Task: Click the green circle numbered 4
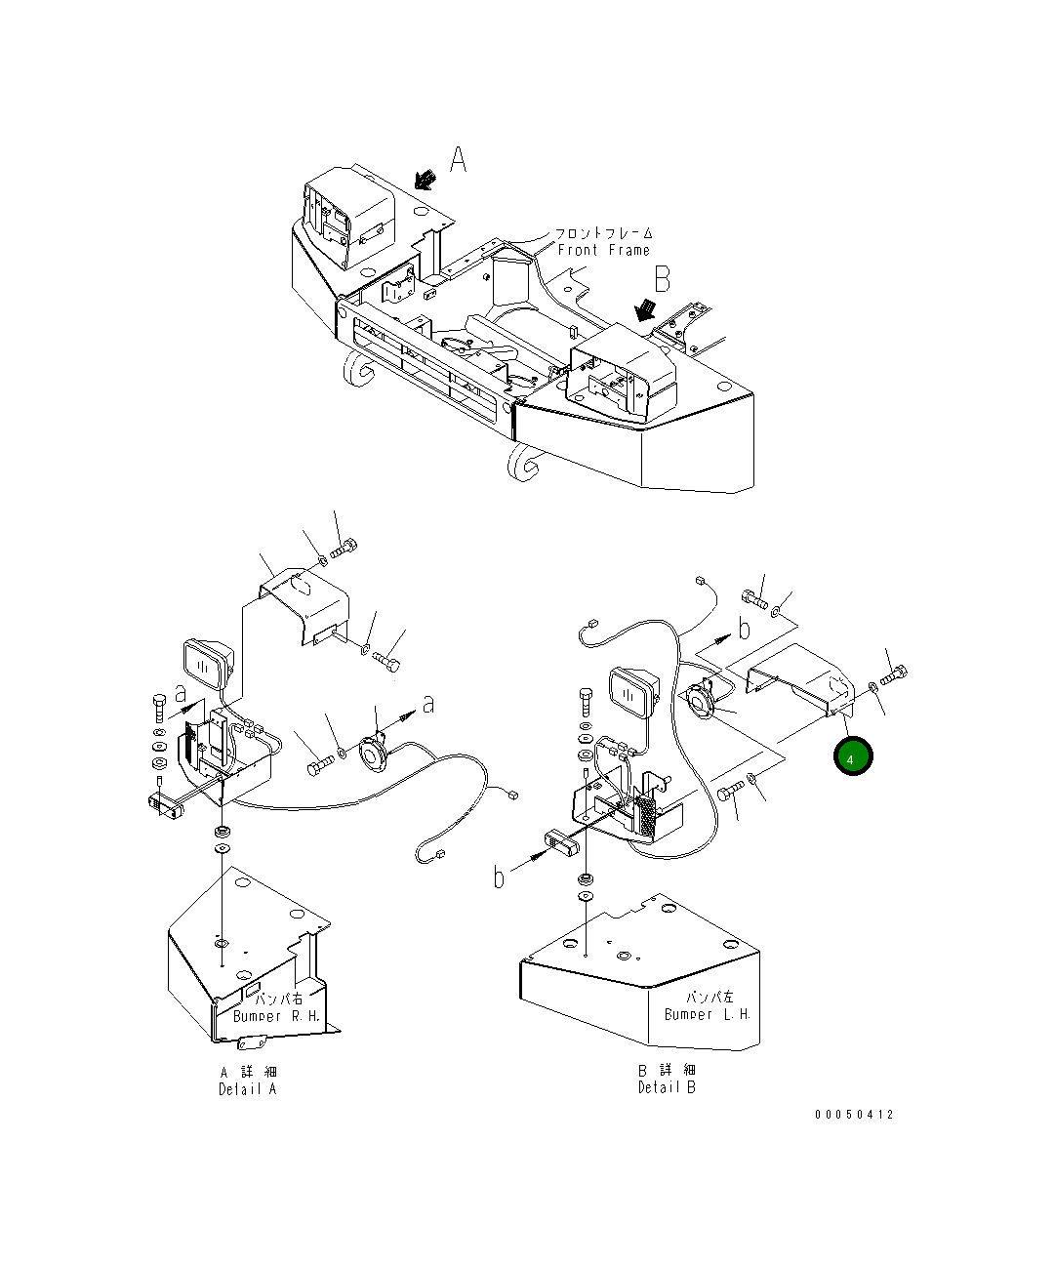[853, 757]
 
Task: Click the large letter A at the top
[458, 159]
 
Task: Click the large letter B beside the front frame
[663, 280]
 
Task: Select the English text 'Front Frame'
[603, 251]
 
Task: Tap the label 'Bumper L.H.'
[708, 1014]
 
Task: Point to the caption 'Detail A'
[247, 1089]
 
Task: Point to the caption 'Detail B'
[668, 1087]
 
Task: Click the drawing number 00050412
[854, 1115]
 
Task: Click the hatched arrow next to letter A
[426, 179]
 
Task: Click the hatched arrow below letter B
[644, 310]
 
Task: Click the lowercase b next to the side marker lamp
[499, 877]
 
